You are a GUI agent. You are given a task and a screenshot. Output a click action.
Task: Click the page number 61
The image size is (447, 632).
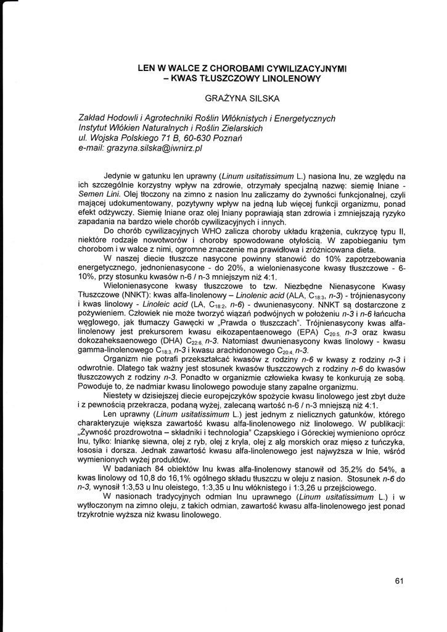(x=398, y=580)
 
